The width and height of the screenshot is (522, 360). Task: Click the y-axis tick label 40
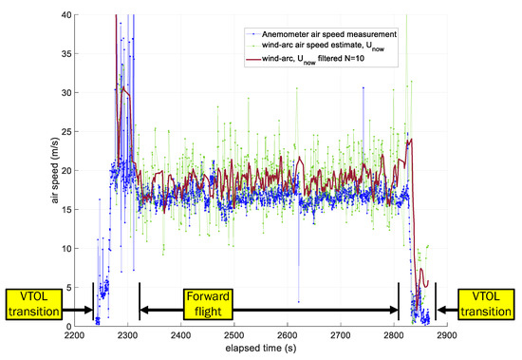(x=56, y=15)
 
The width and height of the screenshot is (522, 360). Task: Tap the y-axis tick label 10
(x=56, y=249)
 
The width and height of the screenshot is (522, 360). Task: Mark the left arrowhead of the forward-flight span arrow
(x=143, y=309)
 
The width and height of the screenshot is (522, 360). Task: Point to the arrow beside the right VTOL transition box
(x=439, y=309)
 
